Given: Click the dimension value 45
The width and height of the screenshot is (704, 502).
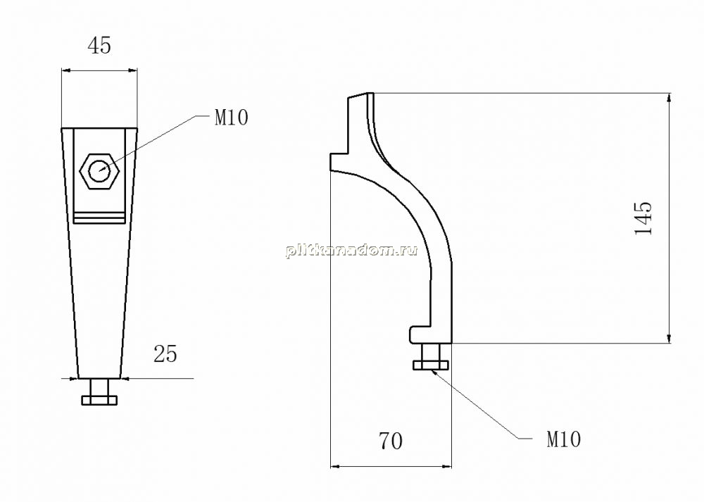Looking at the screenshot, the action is coord(99,46).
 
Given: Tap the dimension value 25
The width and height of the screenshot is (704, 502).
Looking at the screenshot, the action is coord(165,354).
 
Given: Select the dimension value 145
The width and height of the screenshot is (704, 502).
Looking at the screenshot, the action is coord(643,218).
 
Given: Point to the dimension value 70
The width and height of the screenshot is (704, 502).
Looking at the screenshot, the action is coord(391,441).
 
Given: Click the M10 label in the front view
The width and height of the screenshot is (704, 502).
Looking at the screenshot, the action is coord(231,118).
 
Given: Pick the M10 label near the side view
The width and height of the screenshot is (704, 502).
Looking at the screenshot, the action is coord(563,439).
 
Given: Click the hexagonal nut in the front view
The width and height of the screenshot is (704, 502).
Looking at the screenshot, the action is coord(99,171).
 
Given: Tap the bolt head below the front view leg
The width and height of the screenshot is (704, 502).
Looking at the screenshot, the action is coord(99,400).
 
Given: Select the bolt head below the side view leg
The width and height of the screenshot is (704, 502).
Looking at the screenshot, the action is coord(431,365).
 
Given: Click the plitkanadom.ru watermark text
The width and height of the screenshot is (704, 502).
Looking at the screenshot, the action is coord(351,250).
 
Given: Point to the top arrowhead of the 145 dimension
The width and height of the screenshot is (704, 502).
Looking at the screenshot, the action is coord(669,98).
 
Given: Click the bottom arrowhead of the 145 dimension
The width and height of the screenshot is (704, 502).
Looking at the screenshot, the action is coord(669,338).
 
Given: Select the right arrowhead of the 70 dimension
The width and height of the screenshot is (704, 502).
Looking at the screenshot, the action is coord(446,467).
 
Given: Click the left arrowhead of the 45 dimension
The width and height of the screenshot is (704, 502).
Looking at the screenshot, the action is coord(66,70).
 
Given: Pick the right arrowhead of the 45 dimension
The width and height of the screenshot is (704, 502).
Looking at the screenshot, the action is coord(132,70).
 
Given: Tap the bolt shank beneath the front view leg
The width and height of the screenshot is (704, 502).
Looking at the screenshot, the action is coord(99,387).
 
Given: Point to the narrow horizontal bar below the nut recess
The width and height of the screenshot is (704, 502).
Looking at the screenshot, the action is coord(99,219).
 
